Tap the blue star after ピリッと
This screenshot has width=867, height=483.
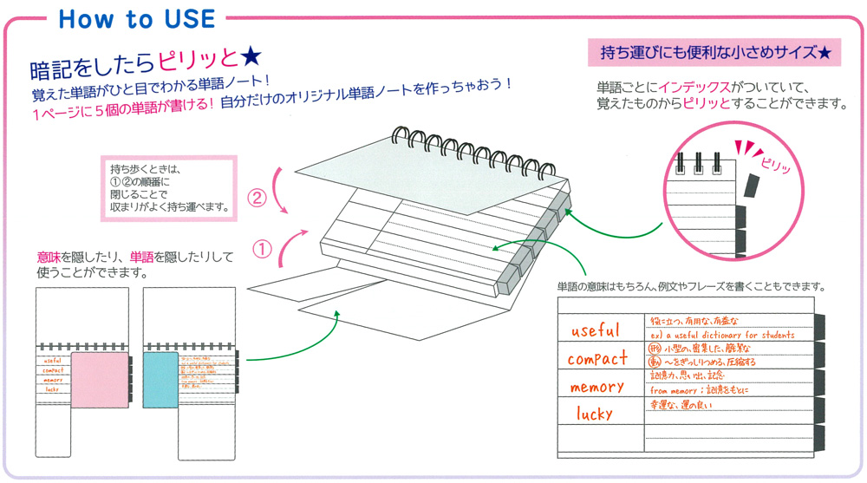(250, 59)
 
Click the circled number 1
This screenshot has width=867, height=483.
(262, 249)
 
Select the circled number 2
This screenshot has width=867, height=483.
(257, 199)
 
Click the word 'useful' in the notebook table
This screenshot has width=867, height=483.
(596, 330)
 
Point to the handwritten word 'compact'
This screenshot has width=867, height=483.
(597, 357)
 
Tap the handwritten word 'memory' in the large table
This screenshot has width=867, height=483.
(596, 386)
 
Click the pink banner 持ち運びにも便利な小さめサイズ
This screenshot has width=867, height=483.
(716, 54)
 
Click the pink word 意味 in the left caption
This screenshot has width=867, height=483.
(49, 258)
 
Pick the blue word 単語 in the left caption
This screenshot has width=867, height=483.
(140, 258)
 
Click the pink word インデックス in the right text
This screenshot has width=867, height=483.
(694, 88)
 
